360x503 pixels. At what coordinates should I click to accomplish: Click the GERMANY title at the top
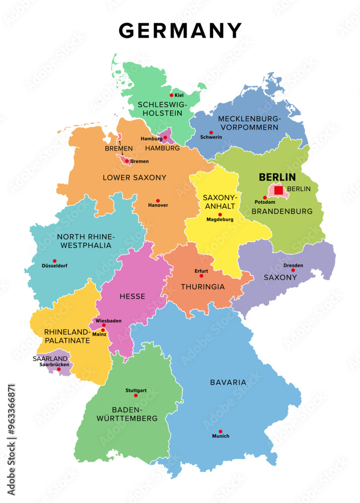click(x=180, y=31)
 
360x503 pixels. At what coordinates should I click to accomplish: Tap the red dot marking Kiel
click(x=171, y=95)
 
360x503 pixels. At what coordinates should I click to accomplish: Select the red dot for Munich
click(x=220, y=432)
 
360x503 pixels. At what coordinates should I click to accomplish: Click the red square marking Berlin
click(x=278, y=190)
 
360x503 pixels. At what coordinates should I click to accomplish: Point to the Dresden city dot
click(x=293, y=270)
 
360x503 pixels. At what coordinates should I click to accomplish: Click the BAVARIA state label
click(x=228, y=382)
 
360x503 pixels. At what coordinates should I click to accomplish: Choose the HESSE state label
click(x=132, y=297)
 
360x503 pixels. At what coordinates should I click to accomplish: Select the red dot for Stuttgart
click(x=135, y=395)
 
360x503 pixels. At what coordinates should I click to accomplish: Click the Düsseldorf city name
click(x=54, y=266)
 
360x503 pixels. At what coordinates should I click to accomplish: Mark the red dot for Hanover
click(x=158, y=200)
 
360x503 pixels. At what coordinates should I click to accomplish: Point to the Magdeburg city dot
click(x=220, y=215)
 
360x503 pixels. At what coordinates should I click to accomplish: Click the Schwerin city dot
click(x=211, y=132)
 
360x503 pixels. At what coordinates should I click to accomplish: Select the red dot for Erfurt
click(x=201, y=276)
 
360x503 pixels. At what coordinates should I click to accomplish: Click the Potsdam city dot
click(x=265, y=198)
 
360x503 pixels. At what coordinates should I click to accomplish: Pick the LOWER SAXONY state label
click(x=134, y=178)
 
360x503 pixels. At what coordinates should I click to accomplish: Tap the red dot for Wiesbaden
click(x=103, y=325)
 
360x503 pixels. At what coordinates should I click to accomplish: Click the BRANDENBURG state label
click(x=282, y=212)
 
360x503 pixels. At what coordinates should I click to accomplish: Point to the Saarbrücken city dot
click(x=59, y=370)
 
